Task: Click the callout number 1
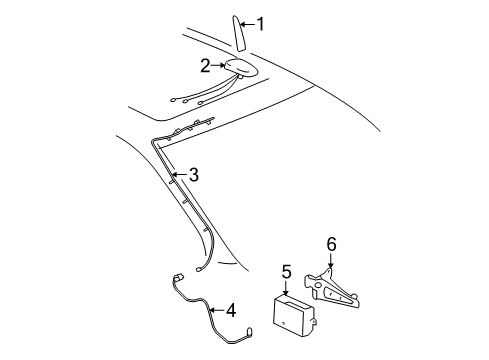point(260,24)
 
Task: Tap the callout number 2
point(205,66)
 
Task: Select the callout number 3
point(194,175)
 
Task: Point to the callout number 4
point(231,310)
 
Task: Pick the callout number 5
point(286,272)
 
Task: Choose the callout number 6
point(331,244)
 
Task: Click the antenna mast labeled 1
point(239,33)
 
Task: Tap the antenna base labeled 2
point(241,68)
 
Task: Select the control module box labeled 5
point(293,316)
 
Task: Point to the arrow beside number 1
point(247,24)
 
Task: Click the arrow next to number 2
point(218,65)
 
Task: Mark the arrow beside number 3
point(180,174)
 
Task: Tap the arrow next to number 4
point(217,310)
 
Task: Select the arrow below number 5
point(286,287)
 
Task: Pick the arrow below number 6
point(330,260)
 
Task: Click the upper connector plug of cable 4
point(178,277)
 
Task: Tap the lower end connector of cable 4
point(249,332)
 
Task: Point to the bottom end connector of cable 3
point(199,270)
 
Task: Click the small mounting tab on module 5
point(314,323)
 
